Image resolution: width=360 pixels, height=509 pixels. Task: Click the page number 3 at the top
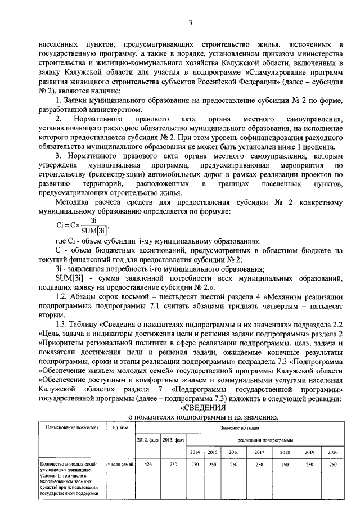(191, 22)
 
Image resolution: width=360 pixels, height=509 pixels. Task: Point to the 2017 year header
(259, 452)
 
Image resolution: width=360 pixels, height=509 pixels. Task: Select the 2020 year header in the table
(332, 452)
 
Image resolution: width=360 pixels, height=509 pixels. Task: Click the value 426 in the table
(148, 465)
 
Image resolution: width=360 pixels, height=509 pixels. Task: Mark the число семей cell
(120, 465)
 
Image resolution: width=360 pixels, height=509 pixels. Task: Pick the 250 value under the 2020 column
(332, 465)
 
